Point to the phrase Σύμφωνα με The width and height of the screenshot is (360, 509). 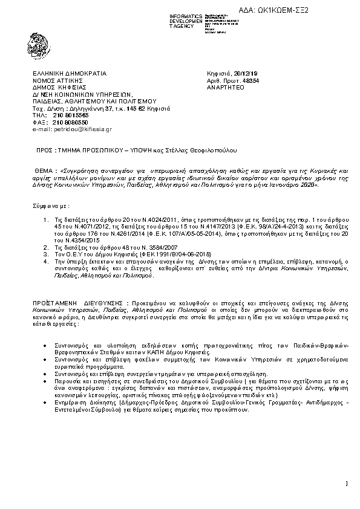[x=49, y=206]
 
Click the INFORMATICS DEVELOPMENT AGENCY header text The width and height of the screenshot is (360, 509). [x=186, y=21]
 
